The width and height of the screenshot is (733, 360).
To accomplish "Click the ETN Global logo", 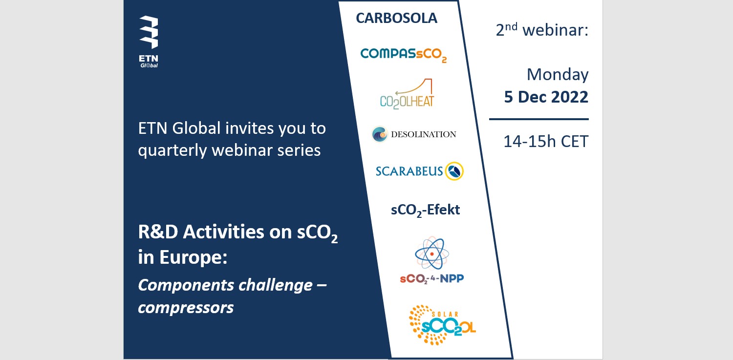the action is (149, 42).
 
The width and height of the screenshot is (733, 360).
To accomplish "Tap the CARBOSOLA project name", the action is (396, 18).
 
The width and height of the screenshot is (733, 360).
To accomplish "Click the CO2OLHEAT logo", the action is (407, 94).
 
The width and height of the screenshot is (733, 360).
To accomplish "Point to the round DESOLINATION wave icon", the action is (380, 134).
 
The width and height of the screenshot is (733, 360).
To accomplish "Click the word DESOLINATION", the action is (424, 134).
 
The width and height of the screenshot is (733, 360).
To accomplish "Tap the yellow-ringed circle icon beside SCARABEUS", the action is (454, 171).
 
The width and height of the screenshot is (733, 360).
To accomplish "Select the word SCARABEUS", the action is (409, 171).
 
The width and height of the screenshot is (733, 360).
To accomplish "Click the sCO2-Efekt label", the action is (426, 210).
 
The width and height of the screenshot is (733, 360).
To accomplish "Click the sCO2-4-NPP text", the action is (432, 278).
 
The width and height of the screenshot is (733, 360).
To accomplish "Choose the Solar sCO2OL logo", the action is (442, 325).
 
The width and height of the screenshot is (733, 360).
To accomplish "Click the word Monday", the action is (558, 75).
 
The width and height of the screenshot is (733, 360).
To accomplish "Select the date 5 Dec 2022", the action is (546, 97).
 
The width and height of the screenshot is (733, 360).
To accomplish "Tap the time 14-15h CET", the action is (546, 142).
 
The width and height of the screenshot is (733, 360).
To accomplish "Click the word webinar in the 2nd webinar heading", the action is (555, 30).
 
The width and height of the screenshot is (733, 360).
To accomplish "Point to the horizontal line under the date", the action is (539, 119).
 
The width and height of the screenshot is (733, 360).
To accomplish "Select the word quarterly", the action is (172, 151).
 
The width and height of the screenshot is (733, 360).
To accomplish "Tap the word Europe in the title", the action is (193, 257).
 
